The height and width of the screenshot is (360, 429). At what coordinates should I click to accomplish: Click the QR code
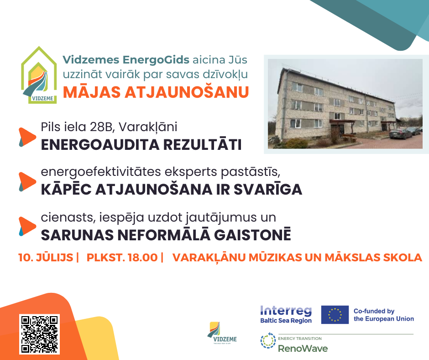(39, 334)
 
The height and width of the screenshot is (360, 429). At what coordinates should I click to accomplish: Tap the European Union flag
(335, 314)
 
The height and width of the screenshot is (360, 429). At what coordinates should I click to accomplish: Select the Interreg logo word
(286, 311)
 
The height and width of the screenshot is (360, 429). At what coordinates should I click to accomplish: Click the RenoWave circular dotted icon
(268, 340)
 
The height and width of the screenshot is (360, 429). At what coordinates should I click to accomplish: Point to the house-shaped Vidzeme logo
(39, 75)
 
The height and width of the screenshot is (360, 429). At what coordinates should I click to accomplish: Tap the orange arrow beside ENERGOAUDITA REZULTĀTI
(27, 137)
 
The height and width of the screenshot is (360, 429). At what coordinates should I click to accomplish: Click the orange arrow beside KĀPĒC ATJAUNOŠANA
(27, 181)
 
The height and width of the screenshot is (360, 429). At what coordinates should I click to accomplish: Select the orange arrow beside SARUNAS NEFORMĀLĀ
(27, 226)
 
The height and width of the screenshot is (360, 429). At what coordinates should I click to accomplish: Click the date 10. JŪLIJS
(46, 258)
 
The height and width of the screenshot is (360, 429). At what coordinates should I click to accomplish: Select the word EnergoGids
(156, 60)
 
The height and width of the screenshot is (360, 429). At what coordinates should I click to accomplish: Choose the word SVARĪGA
(268, 189)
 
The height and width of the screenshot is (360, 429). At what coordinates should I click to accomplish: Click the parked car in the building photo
(400, 134)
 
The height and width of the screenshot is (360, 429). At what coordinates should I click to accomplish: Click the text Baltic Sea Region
(286, 321)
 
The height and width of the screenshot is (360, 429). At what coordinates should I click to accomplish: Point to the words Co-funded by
(374, 311)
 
